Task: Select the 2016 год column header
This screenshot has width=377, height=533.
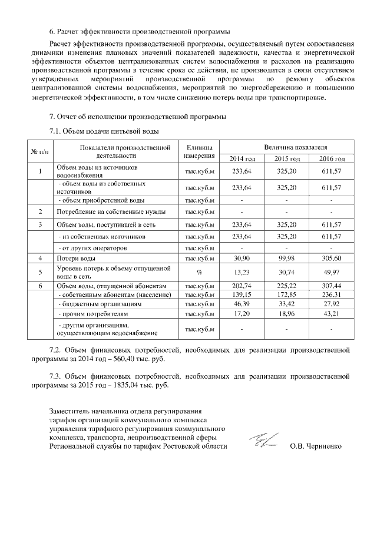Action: tap(332, 159)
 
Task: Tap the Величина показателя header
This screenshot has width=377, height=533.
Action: tap(287, 146)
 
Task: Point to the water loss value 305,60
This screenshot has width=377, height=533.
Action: tap(332, 259)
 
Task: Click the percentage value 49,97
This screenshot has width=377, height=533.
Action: tap(332, 272)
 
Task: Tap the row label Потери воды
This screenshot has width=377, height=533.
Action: tap(73, 259)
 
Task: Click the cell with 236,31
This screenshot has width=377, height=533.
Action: tap(332, 294)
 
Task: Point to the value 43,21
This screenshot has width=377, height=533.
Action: tap(332, 315)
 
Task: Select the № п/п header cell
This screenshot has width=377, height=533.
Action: tap(39, 151)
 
